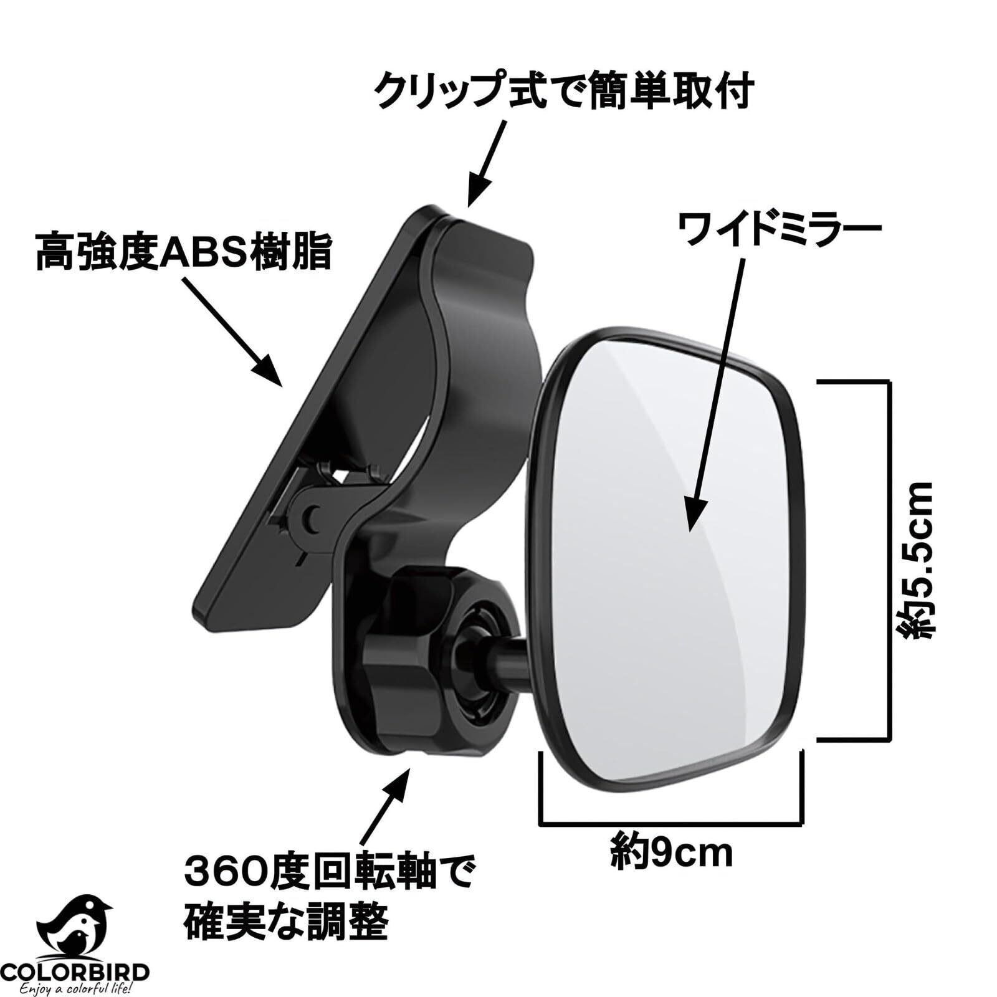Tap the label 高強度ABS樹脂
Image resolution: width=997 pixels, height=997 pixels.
click(183, 250)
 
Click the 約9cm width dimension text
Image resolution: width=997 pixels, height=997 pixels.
click(671, 855)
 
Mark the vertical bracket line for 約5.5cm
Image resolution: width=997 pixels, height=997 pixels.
click(884, 561)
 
